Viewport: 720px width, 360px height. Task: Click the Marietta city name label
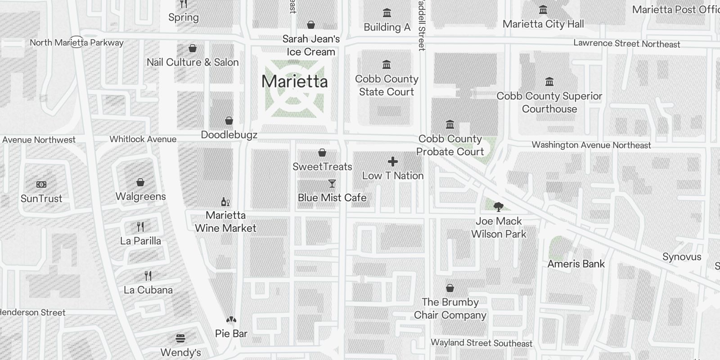(294, 81)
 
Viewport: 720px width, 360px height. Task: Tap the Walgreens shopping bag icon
(140, 182)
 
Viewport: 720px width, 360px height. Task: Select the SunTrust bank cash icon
(41, 184)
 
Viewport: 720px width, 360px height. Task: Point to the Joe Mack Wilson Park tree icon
(498, 207)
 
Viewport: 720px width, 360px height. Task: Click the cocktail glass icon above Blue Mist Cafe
(332, 184)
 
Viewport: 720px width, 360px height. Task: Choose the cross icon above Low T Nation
(393, 162)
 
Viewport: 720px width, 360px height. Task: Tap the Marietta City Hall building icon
(543, 10)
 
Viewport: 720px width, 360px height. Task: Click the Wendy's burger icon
(180, 338)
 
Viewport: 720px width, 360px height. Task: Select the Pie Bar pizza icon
(231, 320)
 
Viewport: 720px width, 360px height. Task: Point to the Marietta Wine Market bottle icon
(225, 202)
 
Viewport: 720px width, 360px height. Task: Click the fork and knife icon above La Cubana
(148, 275)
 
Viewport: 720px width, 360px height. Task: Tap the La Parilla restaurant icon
(140, 226)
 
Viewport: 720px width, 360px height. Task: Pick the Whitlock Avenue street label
(143, 139)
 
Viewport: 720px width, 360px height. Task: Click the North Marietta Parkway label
(76, 43)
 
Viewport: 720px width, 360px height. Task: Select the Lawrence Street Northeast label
(626, 44)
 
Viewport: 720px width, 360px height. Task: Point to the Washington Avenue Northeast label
(591, 145)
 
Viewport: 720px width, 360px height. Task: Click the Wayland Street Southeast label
(481, 343)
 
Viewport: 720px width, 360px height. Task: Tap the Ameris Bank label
(576, 264)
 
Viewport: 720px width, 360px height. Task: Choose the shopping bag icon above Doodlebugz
(229, 121)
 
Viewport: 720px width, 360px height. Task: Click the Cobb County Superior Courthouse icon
(549, 82)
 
